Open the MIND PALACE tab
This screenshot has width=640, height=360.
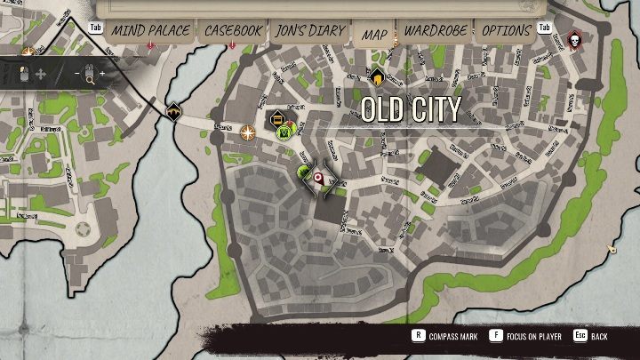[x=150, y=31]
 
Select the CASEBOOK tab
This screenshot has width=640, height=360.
[x=233, y=31]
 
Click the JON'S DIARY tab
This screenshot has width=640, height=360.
[x=310, y=31]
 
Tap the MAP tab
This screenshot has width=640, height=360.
[x=373, y=35]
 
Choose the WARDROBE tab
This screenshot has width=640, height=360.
[x=436, y=31]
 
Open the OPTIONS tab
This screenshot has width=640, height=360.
[x=506, y=31]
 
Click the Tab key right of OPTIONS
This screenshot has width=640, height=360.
[x=544, y=28]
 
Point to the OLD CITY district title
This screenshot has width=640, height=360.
[x=411, y=109]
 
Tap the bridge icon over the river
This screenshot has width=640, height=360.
[x=172, y=112]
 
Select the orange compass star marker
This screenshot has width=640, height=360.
[x=248, y=132]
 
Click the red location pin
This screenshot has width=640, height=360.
[x=318, y=179]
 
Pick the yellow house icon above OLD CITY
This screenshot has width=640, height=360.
[x=377, y=76]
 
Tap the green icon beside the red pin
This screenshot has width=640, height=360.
[x=302, y=172]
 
